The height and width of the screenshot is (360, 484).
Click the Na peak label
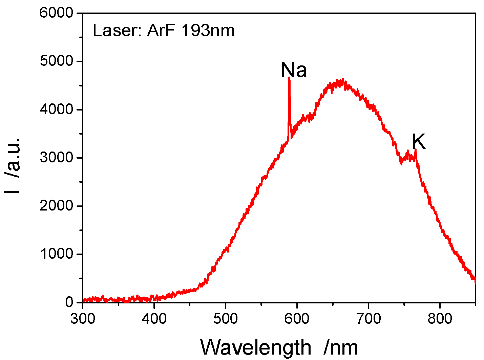294,70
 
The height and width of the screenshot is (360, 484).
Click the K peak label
419,142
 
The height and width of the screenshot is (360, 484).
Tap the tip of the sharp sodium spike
289,78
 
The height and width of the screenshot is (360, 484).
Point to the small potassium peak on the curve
416,150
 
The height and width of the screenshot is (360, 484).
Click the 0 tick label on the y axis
69,302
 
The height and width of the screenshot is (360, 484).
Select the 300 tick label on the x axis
83,319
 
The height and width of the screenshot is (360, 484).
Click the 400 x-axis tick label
154,319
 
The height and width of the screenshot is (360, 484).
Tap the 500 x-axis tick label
226,319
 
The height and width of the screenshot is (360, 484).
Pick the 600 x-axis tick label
297,319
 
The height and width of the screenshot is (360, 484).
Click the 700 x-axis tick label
369,319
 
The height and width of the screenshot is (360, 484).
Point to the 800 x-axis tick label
440,319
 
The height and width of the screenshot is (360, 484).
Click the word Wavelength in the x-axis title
256,347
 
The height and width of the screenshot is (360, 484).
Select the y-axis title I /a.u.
13,166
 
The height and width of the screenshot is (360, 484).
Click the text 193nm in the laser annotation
208,31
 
